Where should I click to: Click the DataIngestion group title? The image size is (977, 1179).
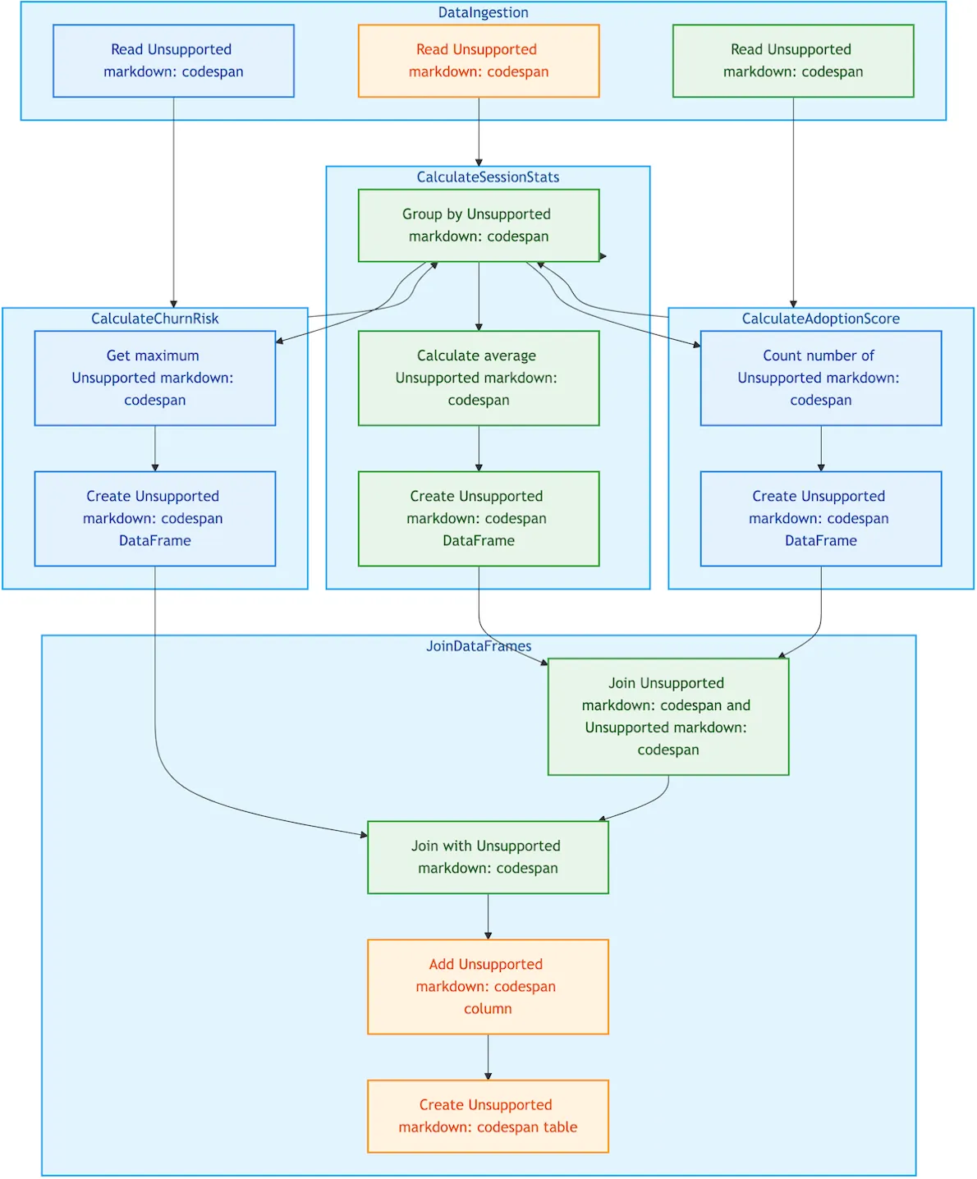click(483, 12)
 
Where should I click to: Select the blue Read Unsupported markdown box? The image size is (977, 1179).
click(173, 61)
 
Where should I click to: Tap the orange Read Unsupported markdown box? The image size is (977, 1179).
click(479, 61)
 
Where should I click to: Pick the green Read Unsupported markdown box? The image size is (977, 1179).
click(793, 61)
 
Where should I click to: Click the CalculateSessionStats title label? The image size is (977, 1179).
click(488, 177)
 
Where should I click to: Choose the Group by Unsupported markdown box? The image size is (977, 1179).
click(479, 225)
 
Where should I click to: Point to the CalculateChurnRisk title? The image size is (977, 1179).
click(154, 319)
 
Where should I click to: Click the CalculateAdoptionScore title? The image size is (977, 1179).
click(820, 319)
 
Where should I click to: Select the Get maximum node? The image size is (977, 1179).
click(154, 378)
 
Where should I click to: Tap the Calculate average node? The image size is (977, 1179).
click(479, 378)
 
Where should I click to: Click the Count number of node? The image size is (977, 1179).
click(820, 378)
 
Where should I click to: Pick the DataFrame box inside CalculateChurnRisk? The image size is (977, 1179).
click(154, 518)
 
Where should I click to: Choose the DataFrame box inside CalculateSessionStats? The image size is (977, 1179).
click(479, 518)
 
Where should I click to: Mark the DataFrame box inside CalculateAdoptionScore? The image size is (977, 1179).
click(820, 518)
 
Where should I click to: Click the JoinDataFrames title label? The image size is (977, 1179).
click(479, 646)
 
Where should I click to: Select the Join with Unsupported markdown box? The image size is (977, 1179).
click(488, 857)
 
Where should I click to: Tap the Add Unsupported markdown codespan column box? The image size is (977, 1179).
click(488, 986)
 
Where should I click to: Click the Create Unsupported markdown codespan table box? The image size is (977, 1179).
click(488, 1116)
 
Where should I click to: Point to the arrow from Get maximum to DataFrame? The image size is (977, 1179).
click(155, 448)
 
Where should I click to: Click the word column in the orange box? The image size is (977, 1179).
click(488, 1008)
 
